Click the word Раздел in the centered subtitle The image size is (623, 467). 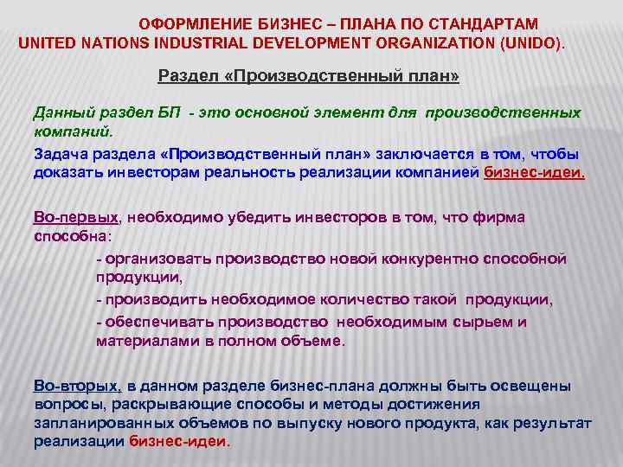183,77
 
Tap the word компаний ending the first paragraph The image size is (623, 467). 72,133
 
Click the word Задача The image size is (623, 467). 60,154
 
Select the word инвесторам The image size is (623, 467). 144,172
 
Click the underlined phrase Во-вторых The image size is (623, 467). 75,385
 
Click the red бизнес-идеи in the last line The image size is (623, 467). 178,440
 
